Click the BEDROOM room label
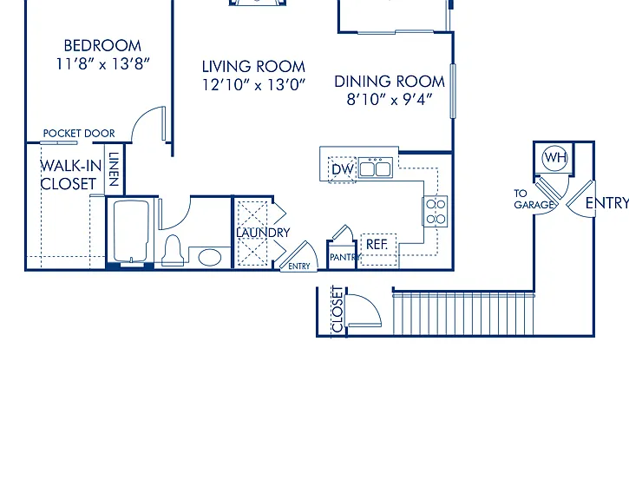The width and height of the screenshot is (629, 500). coord(102,46)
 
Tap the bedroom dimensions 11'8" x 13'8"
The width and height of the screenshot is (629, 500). coord(102,64)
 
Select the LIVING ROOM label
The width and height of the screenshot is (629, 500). coord(253,67)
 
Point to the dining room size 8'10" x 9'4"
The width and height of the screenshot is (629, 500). coord(390,99)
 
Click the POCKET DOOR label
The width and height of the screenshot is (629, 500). coord(79,133)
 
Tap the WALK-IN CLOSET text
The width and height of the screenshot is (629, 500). coord(71,174)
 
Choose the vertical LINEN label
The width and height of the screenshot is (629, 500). coord(115,169)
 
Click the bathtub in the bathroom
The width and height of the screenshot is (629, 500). coord(131,232)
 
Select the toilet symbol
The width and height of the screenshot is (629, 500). coord(173,250)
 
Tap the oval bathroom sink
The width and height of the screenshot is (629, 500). coord(210,257)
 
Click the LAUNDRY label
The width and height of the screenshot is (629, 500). coord(263,233)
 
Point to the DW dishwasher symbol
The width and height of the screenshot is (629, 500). coord(343,169)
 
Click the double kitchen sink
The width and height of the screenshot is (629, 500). coord(375,168)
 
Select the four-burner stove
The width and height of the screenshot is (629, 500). coord(436,212)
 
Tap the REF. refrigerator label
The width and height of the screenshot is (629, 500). coord(377,244)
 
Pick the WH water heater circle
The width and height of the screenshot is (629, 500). coord(555,158)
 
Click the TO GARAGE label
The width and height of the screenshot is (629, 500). coord(534,199)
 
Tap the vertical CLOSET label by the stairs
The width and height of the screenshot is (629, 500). coord(338,309)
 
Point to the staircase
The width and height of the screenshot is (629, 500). coord(463,314)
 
